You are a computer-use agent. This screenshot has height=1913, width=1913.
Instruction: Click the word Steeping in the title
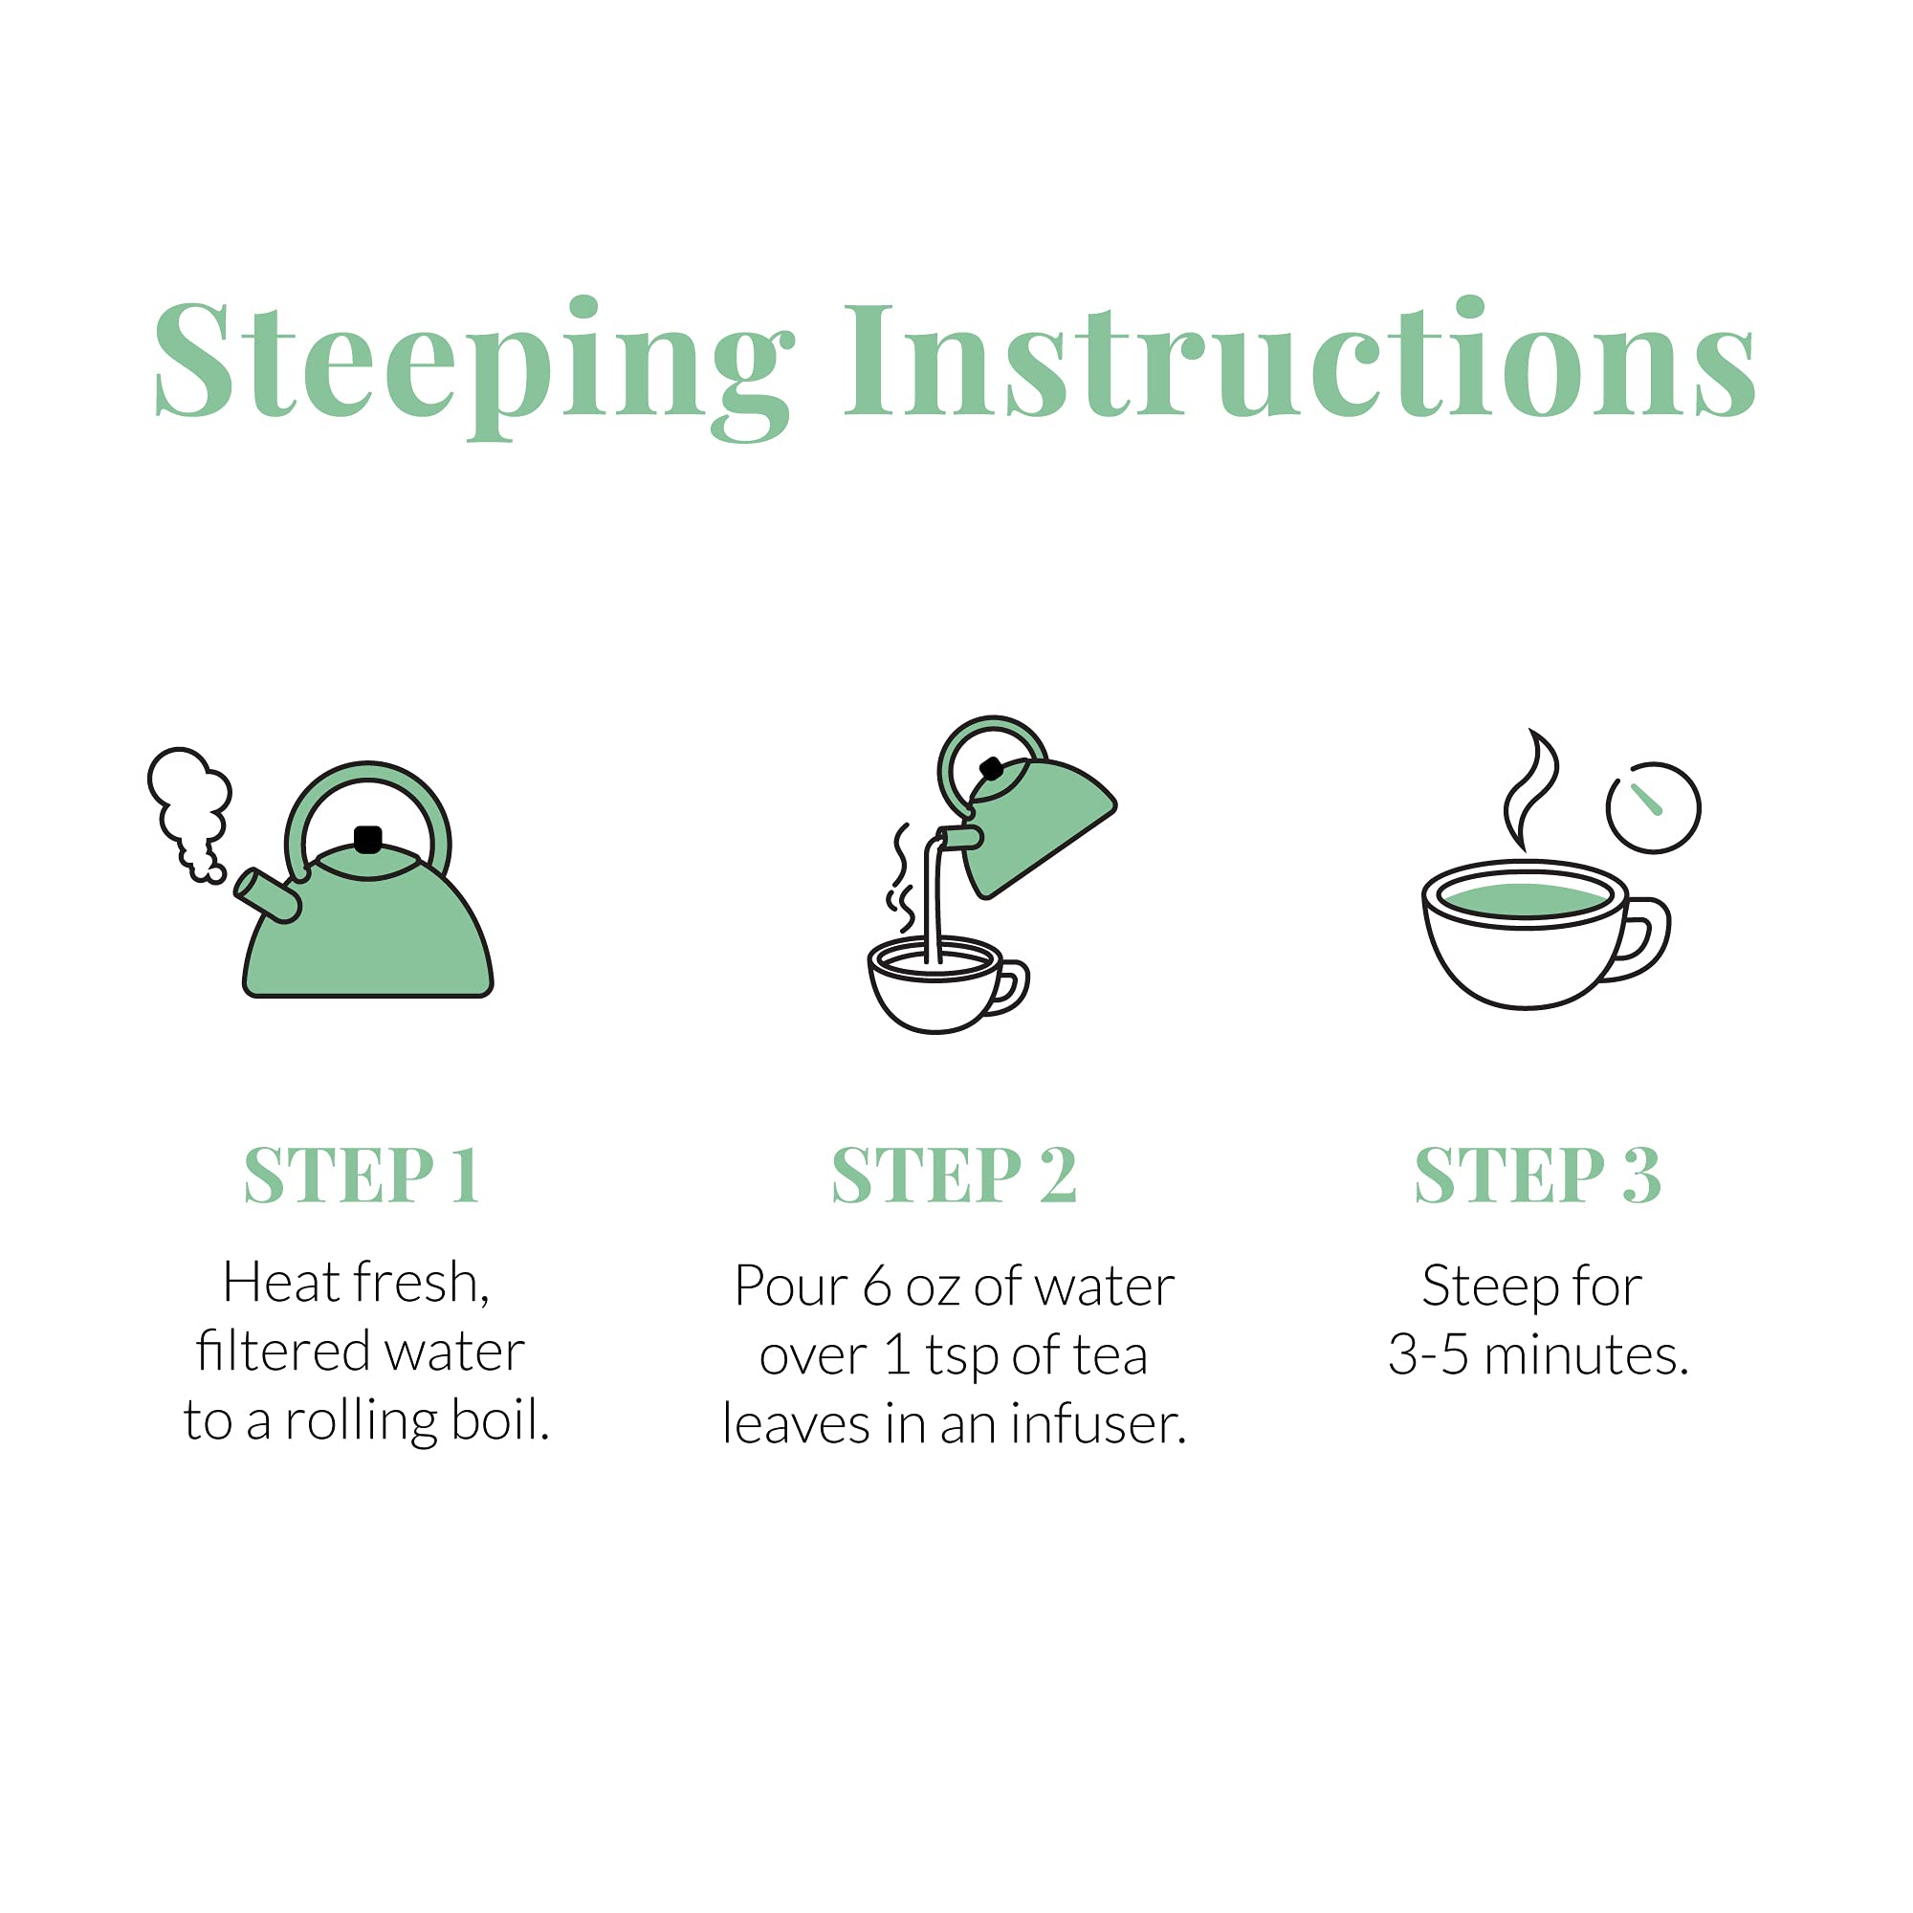point(475,368)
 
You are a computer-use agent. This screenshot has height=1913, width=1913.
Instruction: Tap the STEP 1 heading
point(363,1176)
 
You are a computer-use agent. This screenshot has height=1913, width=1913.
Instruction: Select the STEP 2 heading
point(955,1176)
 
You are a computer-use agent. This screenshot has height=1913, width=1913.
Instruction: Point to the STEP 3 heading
point(1538,1176)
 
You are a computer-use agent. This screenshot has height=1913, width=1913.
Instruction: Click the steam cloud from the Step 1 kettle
point(190,812)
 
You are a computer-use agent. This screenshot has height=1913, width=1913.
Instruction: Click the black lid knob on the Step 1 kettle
point(368,840)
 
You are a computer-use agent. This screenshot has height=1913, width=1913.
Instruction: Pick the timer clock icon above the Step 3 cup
point(1653,807)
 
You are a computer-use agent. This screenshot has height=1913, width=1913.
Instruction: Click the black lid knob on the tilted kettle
point(990,767)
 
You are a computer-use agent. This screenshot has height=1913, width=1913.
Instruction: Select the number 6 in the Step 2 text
point(877,1287)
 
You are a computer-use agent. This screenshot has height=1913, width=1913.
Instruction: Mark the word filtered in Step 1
point(283,1352)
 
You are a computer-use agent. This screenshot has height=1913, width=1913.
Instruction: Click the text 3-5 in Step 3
point(1427,1354)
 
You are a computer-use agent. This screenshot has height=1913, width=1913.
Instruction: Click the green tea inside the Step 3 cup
point(1526,899)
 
